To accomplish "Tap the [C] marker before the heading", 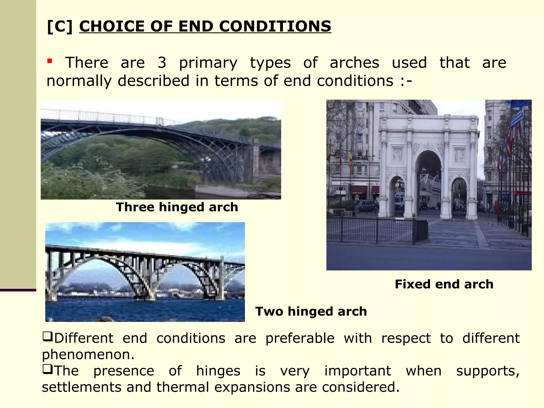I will pyautogui.click(x=60, y=26).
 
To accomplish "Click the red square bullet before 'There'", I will pyautogui.click(x=49, y=61).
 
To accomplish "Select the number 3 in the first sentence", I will pyautogui.click(x=162, y=63).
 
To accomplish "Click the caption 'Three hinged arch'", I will pyautogui.click(x=177, y=207).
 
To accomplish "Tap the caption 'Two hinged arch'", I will pyautogui.click(x=311, y=311).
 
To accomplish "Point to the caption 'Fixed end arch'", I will pyautogui.click(x=444, y=284).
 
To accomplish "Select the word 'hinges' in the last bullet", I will pyautogui.click(x=218, y=371).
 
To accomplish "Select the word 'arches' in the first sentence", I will pyautogui.click(x=354, y=63).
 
